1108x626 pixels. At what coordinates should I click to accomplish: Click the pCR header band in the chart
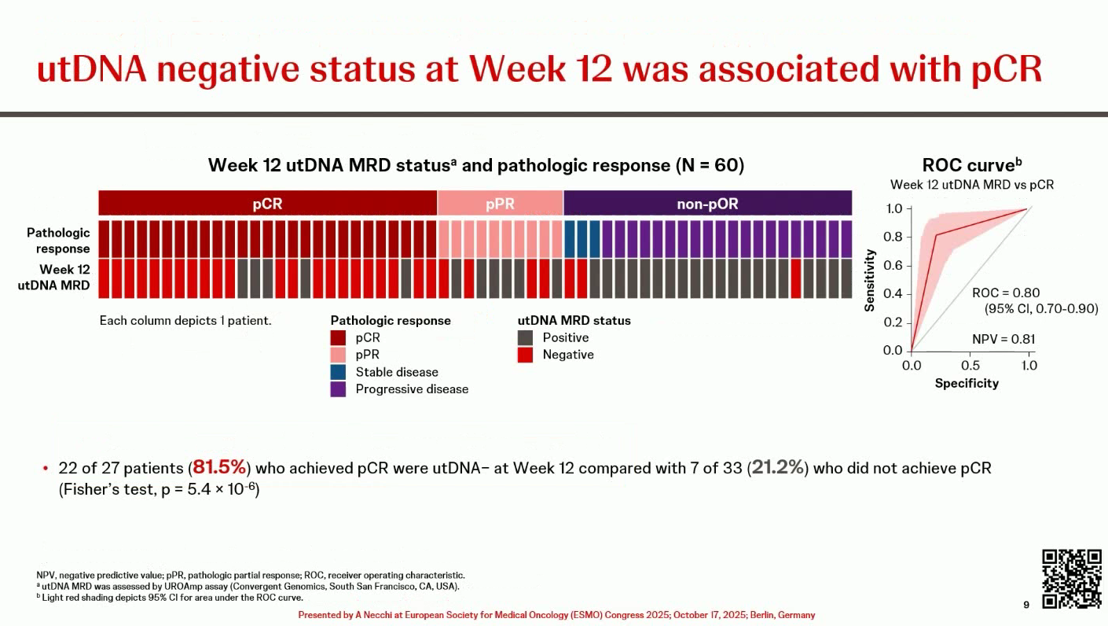(x=267, y=204)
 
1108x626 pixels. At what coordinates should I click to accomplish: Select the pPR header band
(x=500, y=204)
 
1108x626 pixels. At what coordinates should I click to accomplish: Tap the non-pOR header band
(x=707, y=204)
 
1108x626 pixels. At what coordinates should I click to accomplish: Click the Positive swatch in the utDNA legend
(x=526, y=338)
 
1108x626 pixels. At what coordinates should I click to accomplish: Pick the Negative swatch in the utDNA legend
(x=526, y=355)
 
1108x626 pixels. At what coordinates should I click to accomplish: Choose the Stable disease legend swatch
(x=339, y=372)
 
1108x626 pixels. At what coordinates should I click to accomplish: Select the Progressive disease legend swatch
(x=339, y=389)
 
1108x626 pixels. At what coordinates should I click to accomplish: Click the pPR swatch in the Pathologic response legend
(x=339, y=355)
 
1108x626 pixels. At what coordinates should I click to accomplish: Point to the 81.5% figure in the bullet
(x=220, y=468)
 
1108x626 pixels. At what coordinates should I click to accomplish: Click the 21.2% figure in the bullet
(x=779, y=468)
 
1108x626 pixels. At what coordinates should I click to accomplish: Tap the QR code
(x=1072, y=579)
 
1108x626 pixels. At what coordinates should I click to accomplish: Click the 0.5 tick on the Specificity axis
(x=970, y=366)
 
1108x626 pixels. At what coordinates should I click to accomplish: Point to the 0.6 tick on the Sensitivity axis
(x=892, y=266)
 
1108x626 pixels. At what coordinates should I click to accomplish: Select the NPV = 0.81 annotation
(x=1003, y=340)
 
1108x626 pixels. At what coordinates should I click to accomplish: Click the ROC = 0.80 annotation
(x=1006, y=293)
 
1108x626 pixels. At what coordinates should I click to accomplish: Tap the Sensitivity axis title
(x=870, y=280)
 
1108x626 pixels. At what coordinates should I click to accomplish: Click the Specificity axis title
(x=967, y=384)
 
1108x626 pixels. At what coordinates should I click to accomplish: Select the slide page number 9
(x=1026, y=605)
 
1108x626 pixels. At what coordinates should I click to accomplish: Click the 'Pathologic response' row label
(x=58, y=241)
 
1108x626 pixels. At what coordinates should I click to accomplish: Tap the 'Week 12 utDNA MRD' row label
(x=54, y=277)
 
